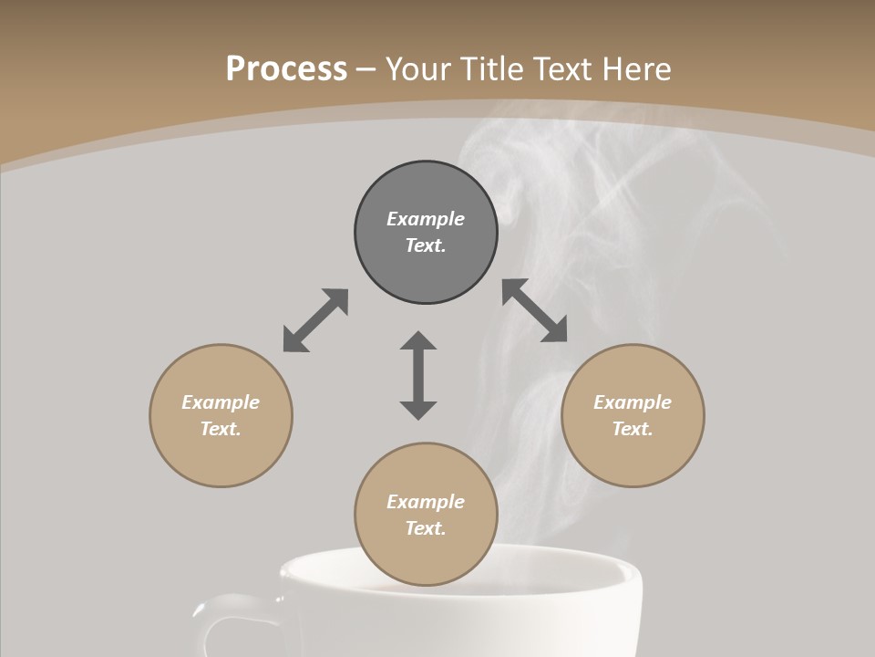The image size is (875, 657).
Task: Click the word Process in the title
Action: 286,69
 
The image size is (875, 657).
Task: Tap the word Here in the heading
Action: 635,69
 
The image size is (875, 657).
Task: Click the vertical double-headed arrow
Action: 418,376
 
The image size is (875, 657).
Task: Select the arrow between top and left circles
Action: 315,320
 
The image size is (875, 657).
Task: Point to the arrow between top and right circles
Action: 535,310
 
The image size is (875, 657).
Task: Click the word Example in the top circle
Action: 426,219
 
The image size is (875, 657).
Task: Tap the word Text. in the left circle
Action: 221,429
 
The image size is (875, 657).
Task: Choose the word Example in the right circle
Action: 633,402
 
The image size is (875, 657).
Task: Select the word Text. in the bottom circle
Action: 426,528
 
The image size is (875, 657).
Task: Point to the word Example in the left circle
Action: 221,402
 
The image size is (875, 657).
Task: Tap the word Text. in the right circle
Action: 633,429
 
